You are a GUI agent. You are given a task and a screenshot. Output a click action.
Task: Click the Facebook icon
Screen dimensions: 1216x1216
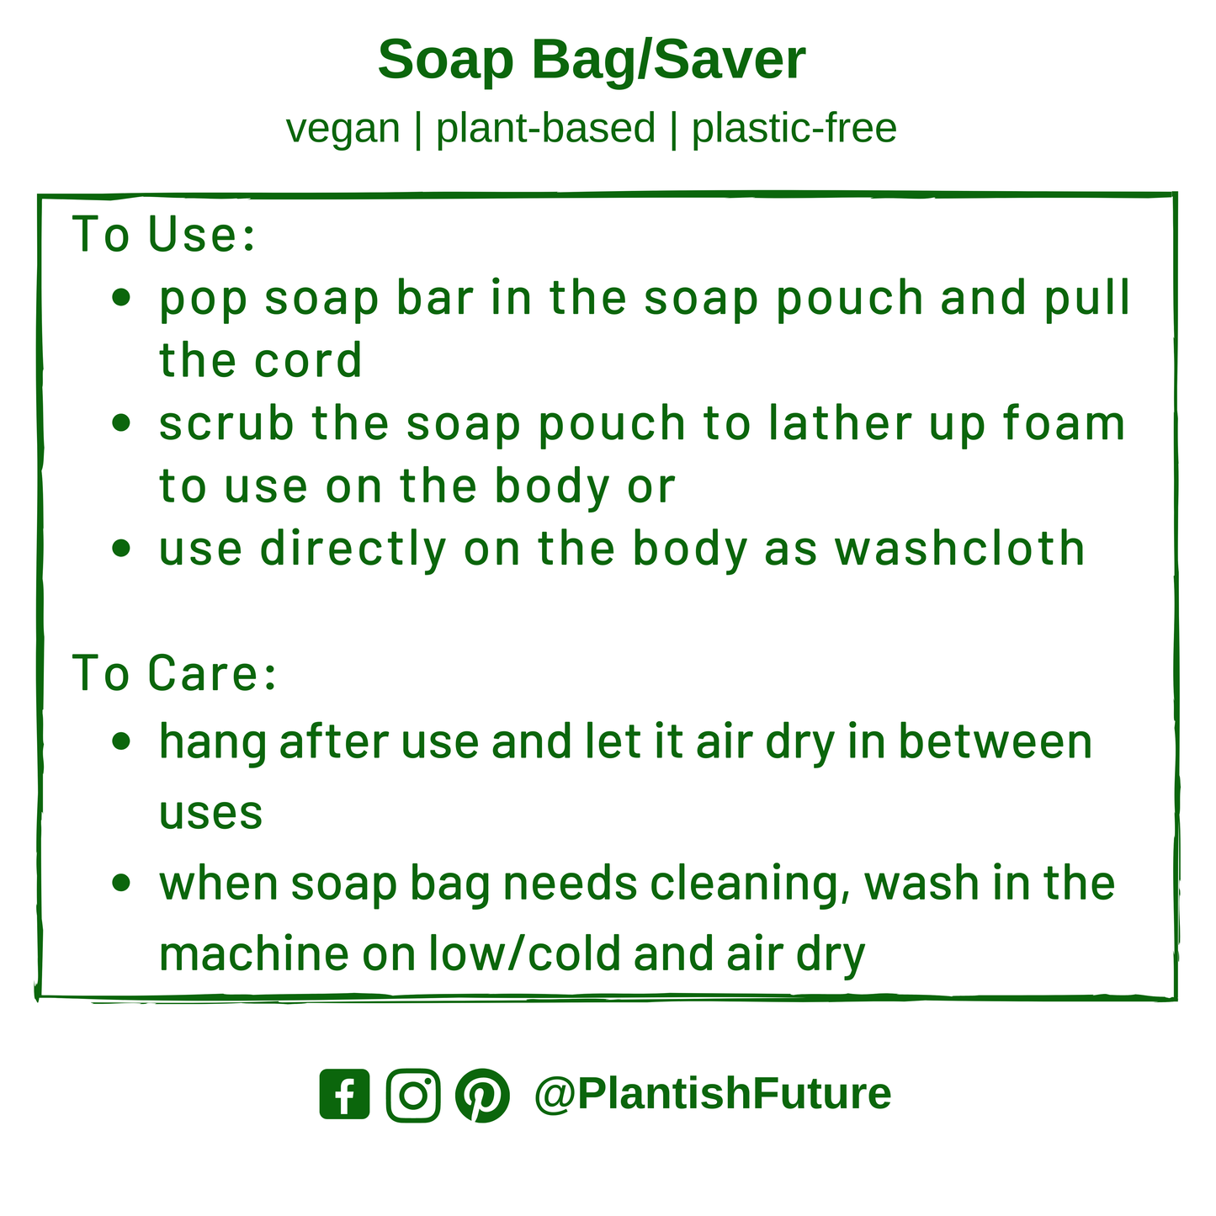(344, 1095)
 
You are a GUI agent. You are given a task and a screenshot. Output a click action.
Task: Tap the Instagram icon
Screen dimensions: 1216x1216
(413, 1095)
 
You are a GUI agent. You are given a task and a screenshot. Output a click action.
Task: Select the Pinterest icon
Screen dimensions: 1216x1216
(482, 1095)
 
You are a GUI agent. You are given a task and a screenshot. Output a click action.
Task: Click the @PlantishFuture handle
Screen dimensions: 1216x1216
(712, 1094)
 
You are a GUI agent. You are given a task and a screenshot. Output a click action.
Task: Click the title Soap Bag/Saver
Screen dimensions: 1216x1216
(592, 61)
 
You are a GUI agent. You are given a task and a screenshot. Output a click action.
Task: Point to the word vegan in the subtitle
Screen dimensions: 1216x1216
(342, 129)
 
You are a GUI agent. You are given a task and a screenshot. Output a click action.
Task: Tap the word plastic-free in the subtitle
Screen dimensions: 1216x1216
(794, 129)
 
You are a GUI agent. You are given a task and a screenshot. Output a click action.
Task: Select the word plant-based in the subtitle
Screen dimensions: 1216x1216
(545, 129)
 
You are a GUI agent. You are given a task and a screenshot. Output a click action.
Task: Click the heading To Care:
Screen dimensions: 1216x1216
(175, 673)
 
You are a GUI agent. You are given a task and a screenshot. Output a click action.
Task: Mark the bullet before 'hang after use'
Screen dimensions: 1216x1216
(121, 741)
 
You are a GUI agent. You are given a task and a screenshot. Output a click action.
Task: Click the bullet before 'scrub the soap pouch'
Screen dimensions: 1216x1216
(121, 422)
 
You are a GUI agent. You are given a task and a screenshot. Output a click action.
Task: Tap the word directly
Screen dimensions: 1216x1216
(353, 549)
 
